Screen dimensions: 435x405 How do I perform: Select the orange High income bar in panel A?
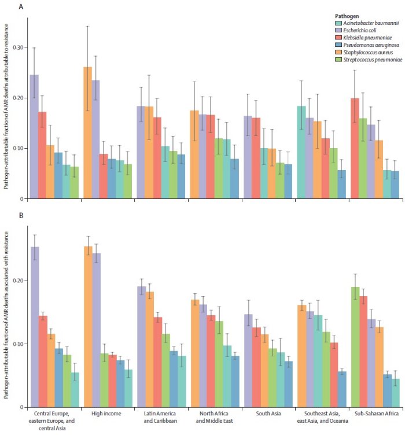click(88, 133)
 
